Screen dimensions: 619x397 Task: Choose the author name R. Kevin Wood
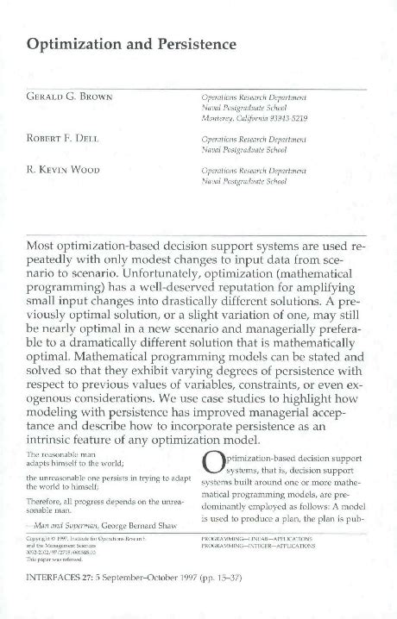65,170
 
